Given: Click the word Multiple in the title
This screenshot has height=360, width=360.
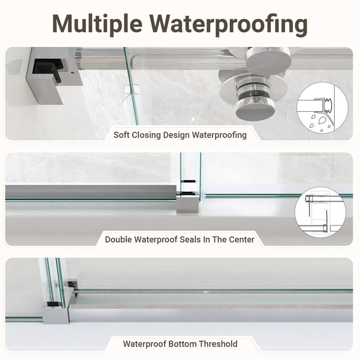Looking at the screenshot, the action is (97, 24).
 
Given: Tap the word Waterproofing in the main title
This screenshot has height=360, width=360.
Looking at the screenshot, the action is (229, 24).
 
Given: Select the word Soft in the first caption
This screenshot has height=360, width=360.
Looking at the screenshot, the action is (121, 135).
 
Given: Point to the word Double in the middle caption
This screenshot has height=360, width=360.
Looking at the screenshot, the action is (118, 239).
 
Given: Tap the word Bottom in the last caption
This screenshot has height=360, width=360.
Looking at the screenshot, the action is (182, 344).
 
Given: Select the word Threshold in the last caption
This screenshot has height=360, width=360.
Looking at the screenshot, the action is (218, 344).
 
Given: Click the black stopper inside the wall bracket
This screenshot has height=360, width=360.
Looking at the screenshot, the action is (48, 69).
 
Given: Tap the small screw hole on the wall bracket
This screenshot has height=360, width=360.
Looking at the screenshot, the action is (73, 73).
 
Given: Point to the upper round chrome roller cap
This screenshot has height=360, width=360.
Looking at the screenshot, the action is (268, 60).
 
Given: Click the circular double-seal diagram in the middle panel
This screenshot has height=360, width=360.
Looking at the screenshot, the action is (320, 212).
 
